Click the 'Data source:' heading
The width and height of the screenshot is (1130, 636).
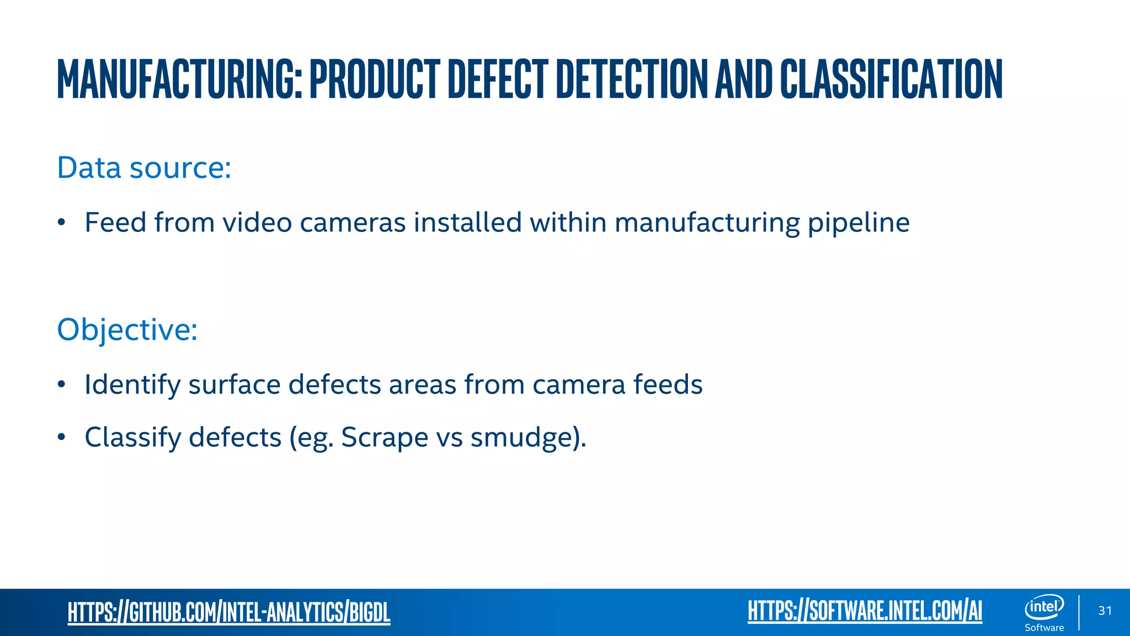pyautogui.click(x=144, y=168)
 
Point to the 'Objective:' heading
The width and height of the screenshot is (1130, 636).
pyautogui.click(x=127, y=330)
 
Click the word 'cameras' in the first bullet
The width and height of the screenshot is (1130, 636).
pyautogui.click(x=353, y=222)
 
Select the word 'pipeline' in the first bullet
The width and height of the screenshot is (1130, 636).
pyautogui.click(x=859, y=224)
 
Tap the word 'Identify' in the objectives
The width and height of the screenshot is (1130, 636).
pyautogui.click(x=132, y=385)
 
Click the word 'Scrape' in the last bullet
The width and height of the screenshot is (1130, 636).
pyautogui.click(x=385, y=438)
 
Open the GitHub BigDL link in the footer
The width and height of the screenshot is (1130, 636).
pyautogui.click(x=229, y=612)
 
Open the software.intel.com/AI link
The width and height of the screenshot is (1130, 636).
pyautogui.click(x=865, y=611)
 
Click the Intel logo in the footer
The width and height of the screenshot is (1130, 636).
pyautogui.click(x=1044, y=607)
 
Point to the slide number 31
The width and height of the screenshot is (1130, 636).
pyautogui.click(x=1105, y=611)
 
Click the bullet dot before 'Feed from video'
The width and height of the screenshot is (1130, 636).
pyautogui.click(x=62, y=223)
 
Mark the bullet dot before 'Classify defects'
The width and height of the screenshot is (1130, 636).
pyautogui.click(x=62, y=438)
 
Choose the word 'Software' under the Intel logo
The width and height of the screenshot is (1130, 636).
pyautogui.click(x=1044, y=628)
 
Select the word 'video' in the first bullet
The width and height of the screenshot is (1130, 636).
pyautogui.click(x=257, y=222)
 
